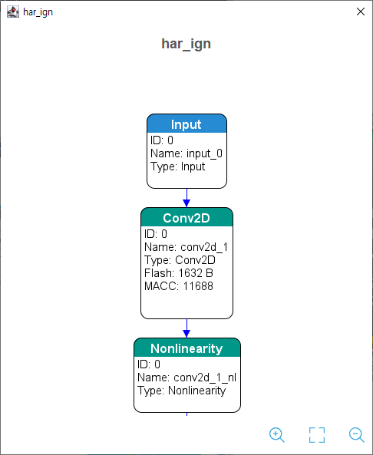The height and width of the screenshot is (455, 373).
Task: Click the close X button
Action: coord(361,12)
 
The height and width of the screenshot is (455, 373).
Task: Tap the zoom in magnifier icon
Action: coord(276,435)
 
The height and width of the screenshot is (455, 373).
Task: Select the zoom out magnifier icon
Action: coord(356,435)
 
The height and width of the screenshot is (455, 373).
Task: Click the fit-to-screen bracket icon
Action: coord(317,435)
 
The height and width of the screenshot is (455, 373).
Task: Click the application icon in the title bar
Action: coord(13,12)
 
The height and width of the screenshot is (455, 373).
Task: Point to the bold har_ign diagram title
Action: coord(186,44)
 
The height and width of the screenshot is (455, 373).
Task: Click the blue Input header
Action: coord(186,124)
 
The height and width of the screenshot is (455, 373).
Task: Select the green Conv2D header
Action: coord(186,217)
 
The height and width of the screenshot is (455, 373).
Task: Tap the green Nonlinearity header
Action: coord(187,348)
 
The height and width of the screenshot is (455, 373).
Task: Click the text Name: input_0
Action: coord(186,153)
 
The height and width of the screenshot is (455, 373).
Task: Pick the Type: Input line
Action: coord(177,167)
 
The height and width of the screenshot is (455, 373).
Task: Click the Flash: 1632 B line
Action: coord(179,273)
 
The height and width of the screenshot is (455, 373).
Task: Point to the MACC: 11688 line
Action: coord(179,286)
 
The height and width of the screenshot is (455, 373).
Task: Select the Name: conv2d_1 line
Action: coord(186,247)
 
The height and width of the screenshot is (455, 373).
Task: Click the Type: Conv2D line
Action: coord(180,260)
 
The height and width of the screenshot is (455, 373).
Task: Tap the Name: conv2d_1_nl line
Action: coord(186,378)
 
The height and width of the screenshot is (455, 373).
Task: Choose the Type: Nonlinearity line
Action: coord(181,391)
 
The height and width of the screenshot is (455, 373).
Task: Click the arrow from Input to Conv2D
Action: coord(186,198)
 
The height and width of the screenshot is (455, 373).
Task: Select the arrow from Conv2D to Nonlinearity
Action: coord(186,328)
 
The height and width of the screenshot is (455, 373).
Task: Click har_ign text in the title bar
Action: coord(38,12)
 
